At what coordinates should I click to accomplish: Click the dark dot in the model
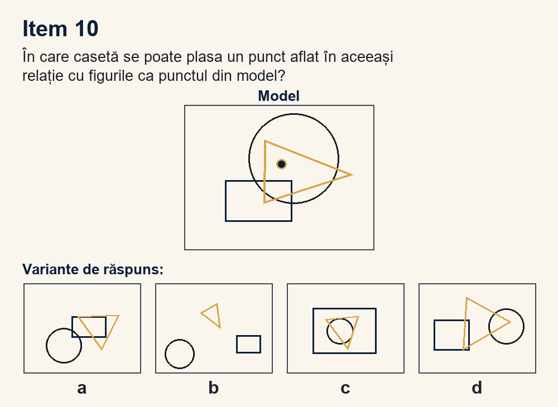tap(281, 164)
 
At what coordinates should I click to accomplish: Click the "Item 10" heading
tap(60, 28)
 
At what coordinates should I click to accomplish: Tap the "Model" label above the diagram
tap(278, 96)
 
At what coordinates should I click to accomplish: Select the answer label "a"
tap(82, 388)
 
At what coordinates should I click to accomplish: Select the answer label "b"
tap(214, 388)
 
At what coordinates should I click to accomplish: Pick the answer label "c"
tap(345, 388)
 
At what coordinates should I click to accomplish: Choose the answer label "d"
tap(477, 388)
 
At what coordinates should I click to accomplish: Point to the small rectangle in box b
tap(249, 336)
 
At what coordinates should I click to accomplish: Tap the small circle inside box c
tap(340, 319)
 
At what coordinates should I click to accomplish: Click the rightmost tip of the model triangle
tap(352, 175)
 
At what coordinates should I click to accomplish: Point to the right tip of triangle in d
tap(511, 322)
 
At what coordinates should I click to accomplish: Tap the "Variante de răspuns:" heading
tap(93, 269)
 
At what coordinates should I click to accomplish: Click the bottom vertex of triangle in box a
tap(102, 350)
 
